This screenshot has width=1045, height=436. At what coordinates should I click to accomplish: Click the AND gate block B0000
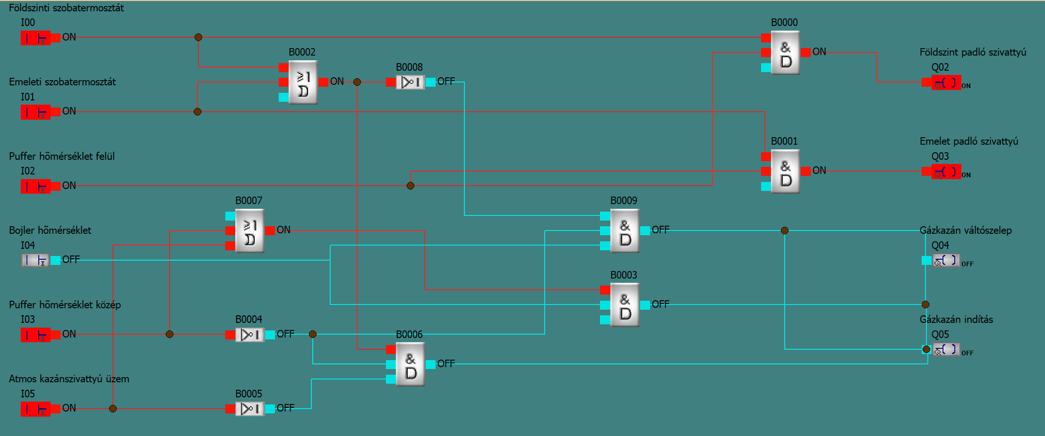[x=785, y=53]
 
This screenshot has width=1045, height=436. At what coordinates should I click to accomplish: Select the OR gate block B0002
[x=303, y=82]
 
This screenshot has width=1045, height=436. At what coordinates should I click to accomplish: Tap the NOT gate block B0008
[x=410, y=82]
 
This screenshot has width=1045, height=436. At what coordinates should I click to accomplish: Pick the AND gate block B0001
[x=785, y=171]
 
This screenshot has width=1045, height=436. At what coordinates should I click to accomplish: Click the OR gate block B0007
[x=249, y=231]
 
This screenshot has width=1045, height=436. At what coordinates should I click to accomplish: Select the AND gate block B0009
[x=625, y=231]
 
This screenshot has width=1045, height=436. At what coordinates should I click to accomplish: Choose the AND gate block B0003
[x=625, y=305]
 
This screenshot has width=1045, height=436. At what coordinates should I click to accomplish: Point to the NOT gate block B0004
[x=249, y=334]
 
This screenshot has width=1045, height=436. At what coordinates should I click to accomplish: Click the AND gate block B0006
[x=410, y=364]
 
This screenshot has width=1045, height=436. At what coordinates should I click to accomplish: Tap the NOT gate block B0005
[x=249, y=409]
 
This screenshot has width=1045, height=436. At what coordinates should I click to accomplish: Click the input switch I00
[x=36, y=38]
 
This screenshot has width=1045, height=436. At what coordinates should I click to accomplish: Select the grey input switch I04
[x=36, y=260]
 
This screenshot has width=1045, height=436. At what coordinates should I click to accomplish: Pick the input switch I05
[x=36, y=409]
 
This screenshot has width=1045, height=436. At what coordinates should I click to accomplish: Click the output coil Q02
[x=946, y=83]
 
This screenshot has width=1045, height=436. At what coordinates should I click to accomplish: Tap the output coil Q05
[x=946, y=350]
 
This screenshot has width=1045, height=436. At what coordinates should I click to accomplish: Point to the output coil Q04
[x=946, y=260]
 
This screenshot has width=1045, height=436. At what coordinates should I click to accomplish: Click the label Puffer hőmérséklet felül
[x=62, y=157]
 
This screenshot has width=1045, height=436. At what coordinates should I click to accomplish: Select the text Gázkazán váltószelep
[x=966, y=231]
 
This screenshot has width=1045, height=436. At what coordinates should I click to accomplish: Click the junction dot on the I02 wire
[x=410, y=186]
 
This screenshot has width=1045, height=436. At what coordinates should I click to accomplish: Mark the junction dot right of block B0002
[x=357, y=82]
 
